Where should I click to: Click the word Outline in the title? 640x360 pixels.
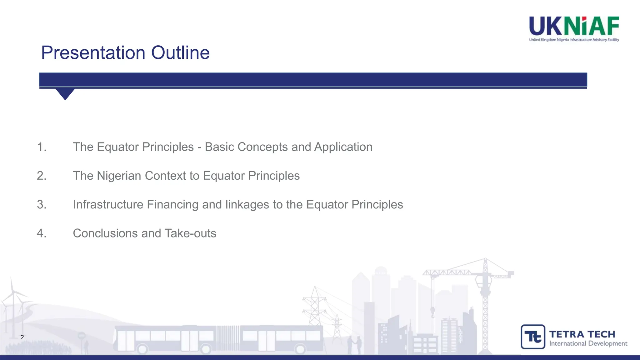coord(180,52)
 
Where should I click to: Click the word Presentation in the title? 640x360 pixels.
coord(93,52)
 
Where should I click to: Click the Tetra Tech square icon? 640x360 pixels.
coord(533,337)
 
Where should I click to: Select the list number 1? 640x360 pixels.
coord(42,147)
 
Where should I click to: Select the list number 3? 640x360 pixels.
coord(42,204)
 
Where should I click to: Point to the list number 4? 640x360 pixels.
coord(42,233)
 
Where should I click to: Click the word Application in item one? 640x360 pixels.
coord(343,147)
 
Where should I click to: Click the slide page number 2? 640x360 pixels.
coord(22,337)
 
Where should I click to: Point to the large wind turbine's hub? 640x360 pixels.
coord(13,292)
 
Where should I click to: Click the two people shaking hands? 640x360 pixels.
coord(355,344)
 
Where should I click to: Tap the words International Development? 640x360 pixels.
coord(588,343)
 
